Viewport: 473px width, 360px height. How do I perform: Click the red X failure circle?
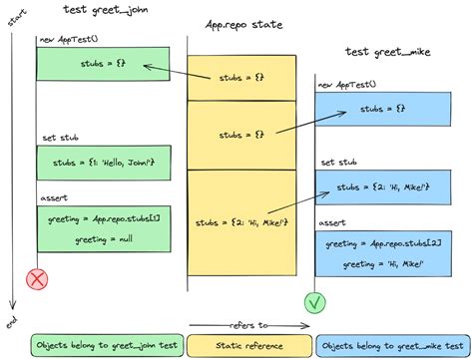(x=37, y=280)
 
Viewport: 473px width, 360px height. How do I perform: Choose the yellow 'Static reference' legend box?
(x=242, y=345)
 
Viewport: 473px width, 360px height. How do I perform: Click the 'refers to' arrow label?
(x=242, y=325)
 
